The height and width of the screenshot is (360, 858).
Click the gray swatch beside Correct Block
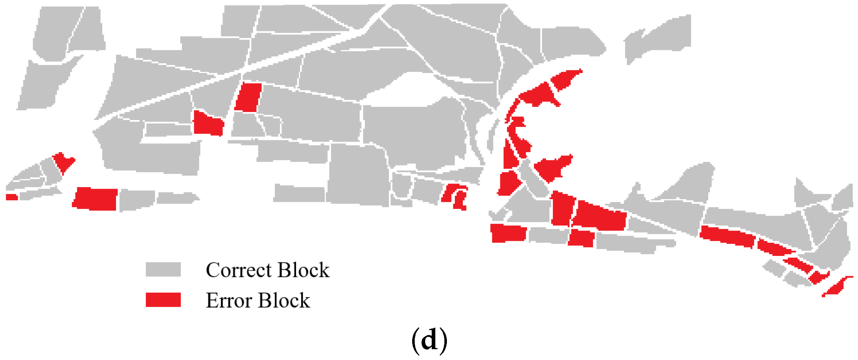pyautogui.click(x=163, y=270)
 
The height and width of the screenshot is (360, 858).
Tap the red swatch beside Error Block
pyautogui.click(x=163, y=300)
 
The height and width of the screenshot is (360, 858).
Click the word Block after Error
pyautogui.click(x=284, y=300)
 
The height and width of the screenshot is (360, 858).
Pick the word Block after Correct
pyautogui.click(x=304, y=270)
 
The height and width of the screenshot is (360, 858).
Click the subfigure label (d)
pyautogui.click(x=429, y=340)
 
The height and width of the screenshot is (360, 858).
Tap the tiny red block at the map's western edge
pyautogui.click(x=12, y=197)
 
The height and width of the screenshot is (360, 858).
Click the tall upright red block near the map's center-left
pyautogui.click(x=248, y=97)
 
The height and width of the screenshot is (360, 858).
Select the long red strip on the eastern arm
pyautogui.click(x=727, y=236)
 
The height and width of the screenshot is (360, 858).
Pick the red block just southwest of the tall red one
pyautogui.click(x=208, y=124)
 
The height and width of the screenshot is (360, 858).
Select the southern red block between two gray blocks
pyautogui.click(x=581, y=238)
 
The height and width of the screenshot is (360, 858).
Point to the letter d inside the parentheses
pyautogui.click(x=429, y=340)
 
